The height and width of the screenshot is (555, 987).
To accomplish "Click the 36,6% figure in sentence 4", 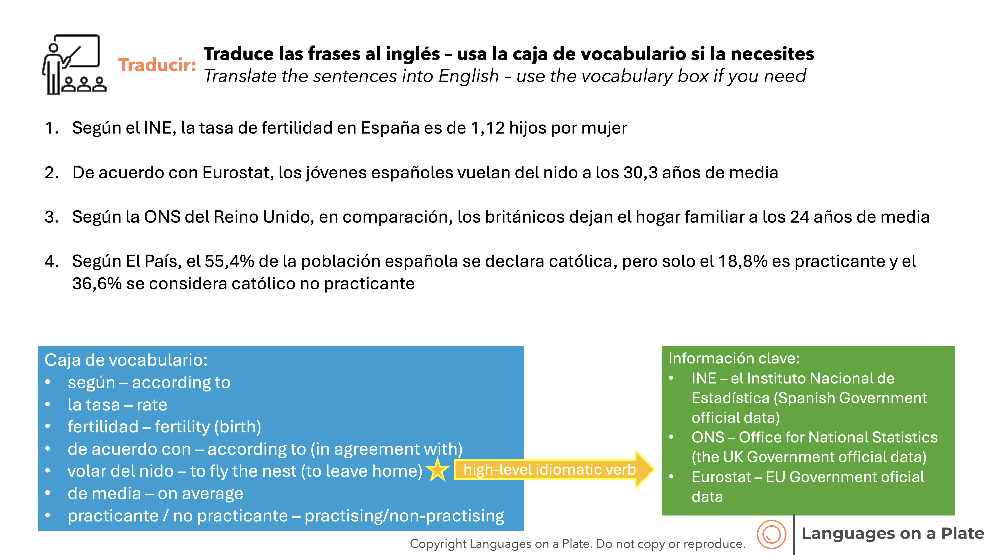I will [97, 284].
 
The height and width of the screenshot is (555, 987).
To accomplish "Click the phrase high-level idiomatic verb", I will [549, 470].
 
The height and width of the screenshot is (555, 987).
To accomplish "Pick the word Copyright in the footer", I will [438, 544].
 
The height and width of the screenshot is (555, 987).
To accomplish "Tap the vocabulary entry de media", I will [104, 494].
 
